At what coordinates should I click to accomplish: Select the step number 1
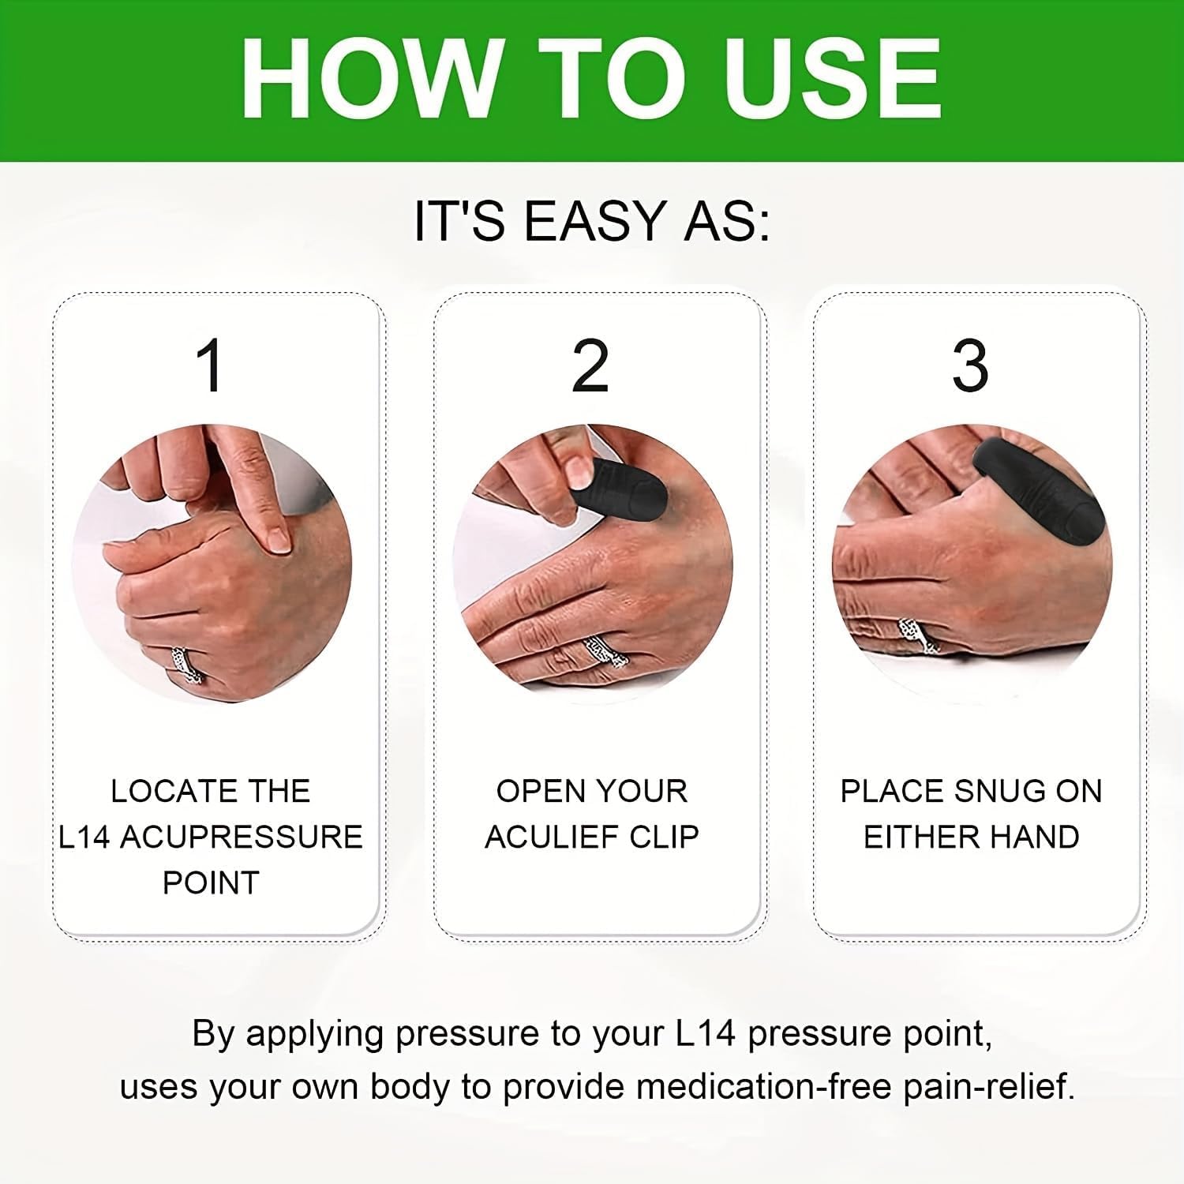211,366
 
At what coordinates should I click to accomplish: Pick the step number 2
590,366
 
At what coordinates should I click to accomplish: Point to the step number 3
970,366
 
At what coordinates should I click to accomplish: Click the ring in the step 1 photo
187,665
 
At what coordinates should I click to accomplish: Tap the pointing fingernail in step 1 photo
277,538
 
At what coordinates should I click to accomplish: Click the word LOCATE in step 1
162,792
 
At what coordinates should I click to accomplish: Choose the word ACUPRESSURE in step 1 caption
241,837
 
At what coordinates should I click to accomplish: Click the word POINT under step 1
211,883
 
